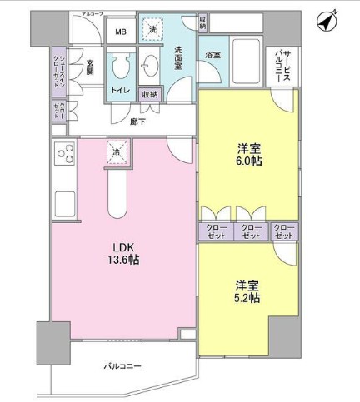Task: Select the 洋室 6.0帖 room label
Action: (x=249, y=154)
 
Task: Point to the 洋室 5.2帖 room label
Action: (x=246, y=292)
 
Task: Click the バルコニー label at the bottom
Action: (x=122, y=367)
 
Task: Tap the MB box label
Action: (x=121, y=32)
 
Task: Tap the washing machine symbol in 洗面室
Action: (x=152, y=30)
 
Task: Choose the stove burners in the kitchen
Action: (x=64, y=154)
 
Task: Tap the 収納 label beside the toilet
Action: (x=151, y=94)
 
